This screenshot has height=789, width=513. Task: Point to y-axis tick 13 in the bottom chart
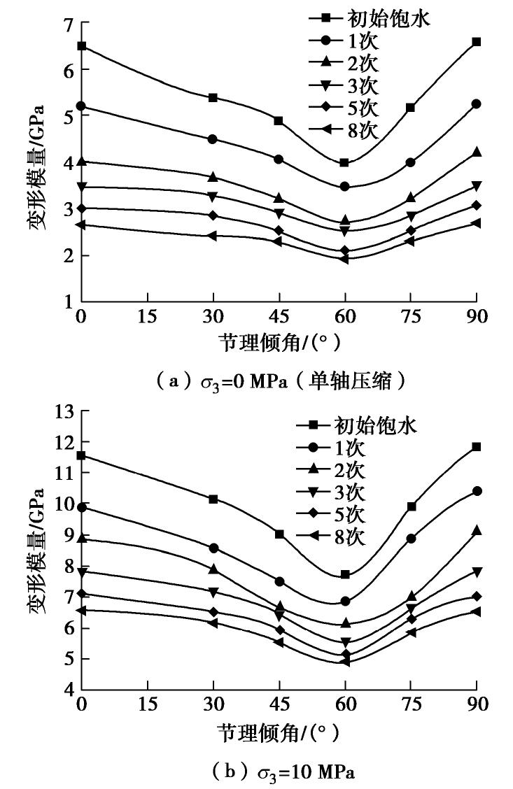(x=64, y=412)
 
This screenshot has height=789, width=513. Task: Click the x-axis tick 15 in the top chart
(x=147, y=316)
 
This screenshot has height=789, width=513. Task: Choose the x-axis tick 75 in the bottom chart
(x=411, y=704)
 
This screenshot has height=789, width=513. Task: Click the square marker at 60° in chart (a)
(x=344, y=162)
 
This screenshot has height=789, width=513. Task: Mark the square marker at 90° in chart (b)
(x=477, y=446)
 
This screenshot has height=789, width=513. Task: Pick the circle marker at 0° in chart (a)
(x=81, y=106)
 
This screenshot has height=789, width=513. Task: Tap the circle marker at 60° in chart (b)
(x=344, y=601)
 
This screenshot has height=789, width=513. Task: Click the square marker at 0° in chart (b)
(x=81, y=455)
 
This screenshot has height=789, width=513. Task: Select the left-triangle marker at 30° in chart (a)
(x=213, y=236)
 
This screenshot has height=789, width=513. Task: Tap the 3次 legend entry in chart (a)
(x=350, y=87)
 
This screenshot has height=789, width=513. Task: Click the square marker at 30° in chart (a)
(x=213, y=97)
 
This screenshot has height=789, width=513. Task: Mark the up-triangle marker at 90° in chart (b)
(x=477, y=531)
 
